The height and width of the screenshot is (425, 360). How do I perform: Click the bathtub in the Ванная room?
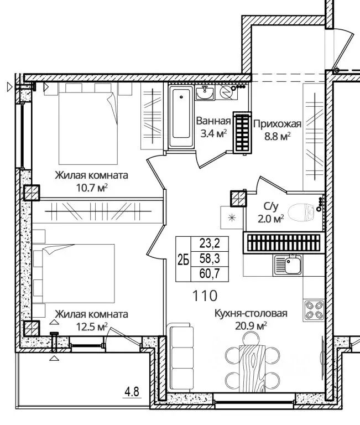pos(181,117)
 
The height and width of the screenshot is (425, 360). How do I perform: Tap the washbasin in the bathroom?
pos(205,93)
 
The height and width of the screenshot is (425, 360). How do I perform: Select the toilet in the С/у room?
pos(301,212)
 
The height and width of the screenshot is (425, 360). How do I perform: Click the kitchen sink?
pos(288,265)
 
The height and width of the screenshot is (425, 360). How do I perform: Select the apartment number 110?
pos(205,296)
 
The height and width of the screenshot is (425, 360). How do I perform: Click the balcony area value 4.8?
pos(132,392)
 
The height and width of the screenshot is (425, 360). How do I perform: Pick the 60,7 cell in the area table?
pos(210,274)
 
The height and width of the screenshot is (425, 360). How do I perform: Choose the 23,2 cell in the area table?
pos(210,244)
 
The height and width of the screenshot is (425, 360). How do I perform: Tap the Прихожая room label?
pos(278,124)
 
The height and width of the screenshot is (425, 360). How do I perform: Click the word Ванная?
pos(213,121)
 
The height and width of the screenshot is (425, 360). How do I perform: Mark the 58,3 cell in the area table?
pos(210,259)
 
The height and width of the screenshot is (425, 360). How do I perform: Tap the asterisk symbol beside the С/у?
pos(232,217)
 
